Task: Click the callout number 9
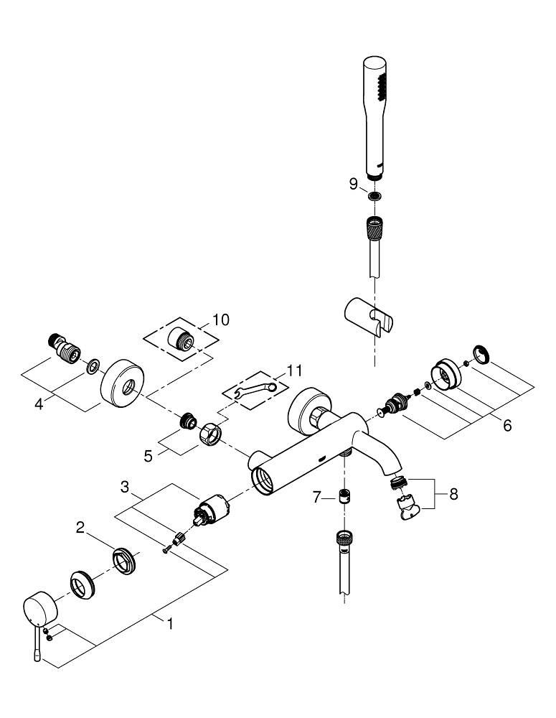pyautogui.click(x=353, y=184)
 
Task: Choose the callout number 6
pyautogui.click(x=506, y=425)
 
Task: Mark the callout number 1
pyautogui.click(x=170, y=624)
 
